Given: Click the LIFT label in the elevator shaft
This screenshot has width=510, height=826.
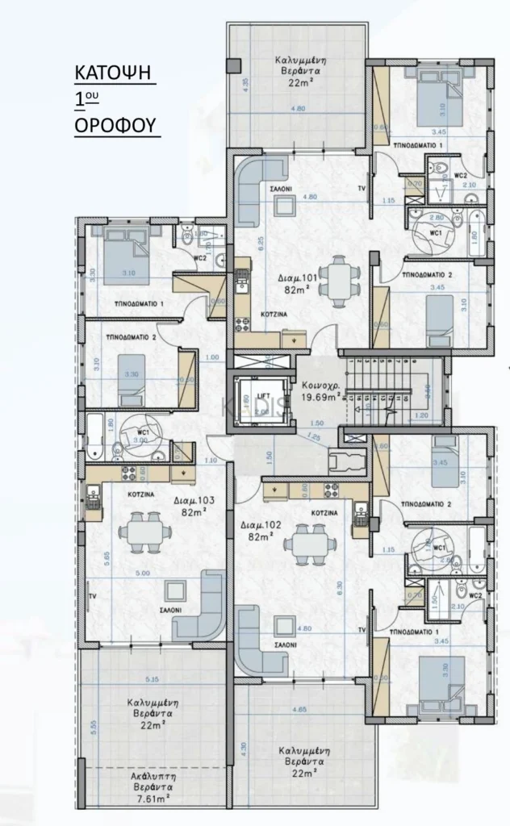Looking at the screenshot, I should point(263,396).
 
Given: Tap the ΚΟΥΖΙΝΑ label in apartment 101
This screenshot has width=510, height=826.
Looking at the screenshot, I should point(272,314).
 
